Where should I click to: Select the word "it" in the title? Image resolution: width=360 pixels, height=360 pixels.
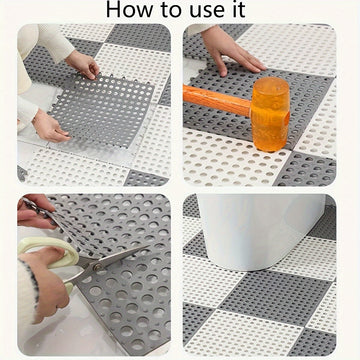tap(237, 10)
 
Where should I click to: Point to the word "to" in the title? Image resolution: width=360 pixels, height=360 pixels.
tap(170, 10)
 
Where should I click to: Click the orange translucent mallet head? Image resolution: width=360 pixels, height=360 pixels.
tap(270, 114)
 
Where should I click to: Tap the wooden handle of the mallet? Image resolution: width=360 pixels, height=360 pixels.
tap(217, 100)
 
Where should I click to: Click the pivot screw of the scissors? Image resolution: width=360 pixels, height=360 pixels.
tap(98, 266)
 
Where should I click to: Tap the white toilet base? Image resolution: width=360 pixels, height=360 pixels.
tap(260, 232)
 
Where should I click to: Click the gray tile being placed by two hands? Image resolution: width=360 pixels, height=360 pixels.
tap(103, 110)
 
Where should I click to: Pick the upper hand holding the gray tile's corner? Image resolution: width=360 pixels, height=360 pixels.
tap(83, 64)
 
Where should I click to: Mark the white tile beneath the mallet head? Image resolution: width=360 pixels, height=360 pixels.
tap(233, 160)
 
